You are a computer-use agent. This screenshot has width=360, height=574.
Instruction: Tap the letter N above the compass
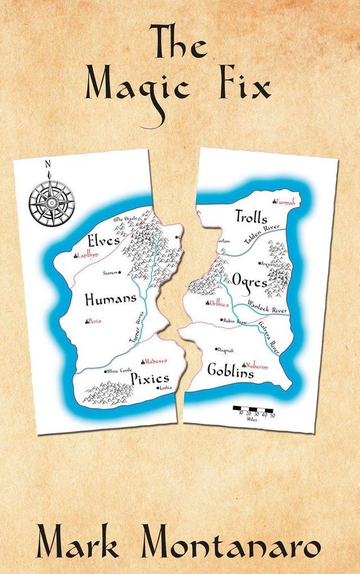(48, 164)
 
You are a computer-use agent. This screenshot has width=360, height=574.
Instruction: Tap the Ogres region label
(249, 280)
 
